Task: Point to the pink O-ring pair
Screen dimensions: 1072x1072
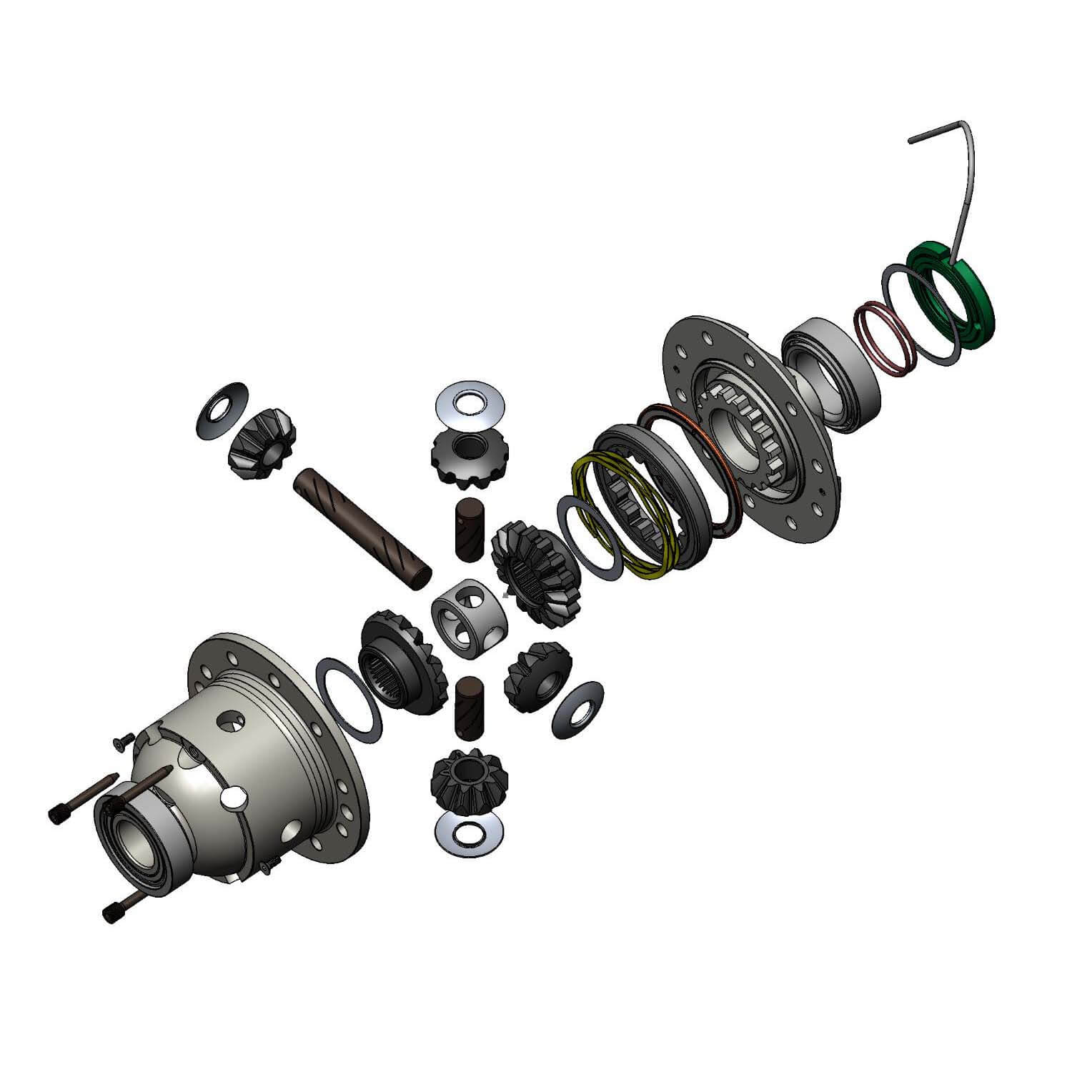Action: point(886,336)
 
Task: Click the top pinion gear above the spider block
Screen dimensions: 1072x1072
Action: point(465,457)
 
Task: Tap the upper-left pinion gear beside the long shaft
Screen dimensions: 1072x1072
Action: point(263,444)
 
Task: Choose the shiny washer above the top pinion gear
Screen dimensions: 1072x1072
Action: point(470,403)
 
